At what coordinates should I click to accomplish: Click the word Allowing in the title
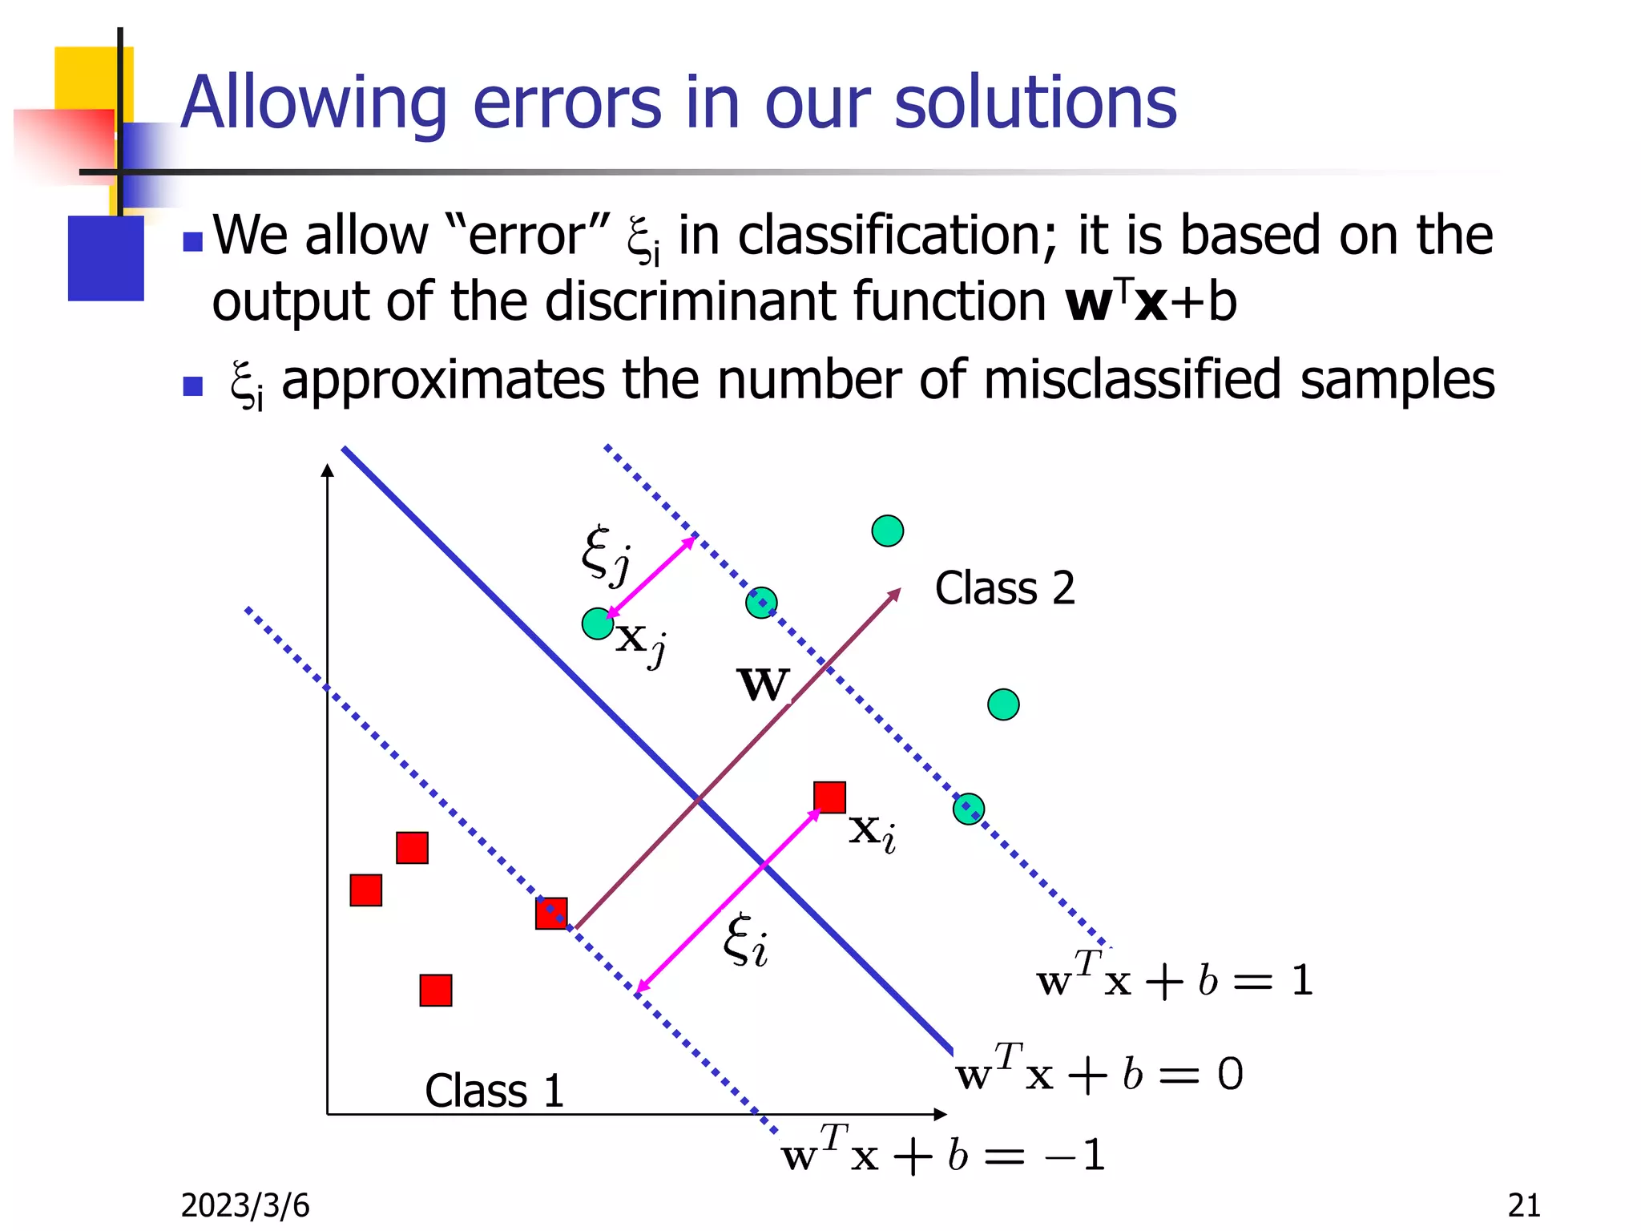coord(312,104)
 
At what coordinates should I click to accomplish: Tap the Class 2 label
coord(1004,589)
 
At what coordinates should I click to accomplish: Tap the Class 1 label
coord(494,1091)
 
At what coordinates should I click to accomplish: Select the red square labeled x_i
coord(829,797)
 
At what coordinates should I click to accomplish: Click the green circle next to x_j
coord(598,624)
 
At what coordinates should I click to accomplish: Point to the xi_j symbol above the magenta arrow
coord(606,553)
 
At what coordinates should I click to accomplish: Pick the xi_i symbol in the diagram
coord(745,942)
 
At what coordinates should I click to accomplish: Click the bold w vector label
coord(763,685)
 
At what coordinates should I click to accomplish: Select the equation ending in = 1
coord(1174,979)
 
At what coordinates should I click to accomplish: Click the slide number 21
coord(1523,1205)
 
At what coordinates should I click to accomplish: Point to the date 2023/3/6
coord(245,1205)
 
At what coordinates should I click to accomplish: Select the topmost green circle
coord(887,531)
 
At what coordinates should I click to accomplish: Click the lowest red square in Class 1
coord(436,991)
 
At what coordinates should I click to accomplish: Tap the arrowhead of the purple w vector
coord(895,594)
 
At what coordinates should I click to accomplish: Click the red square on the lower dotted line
coord(551,913)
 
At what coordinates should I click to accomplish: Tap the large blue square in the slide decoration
coord(106,258)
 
